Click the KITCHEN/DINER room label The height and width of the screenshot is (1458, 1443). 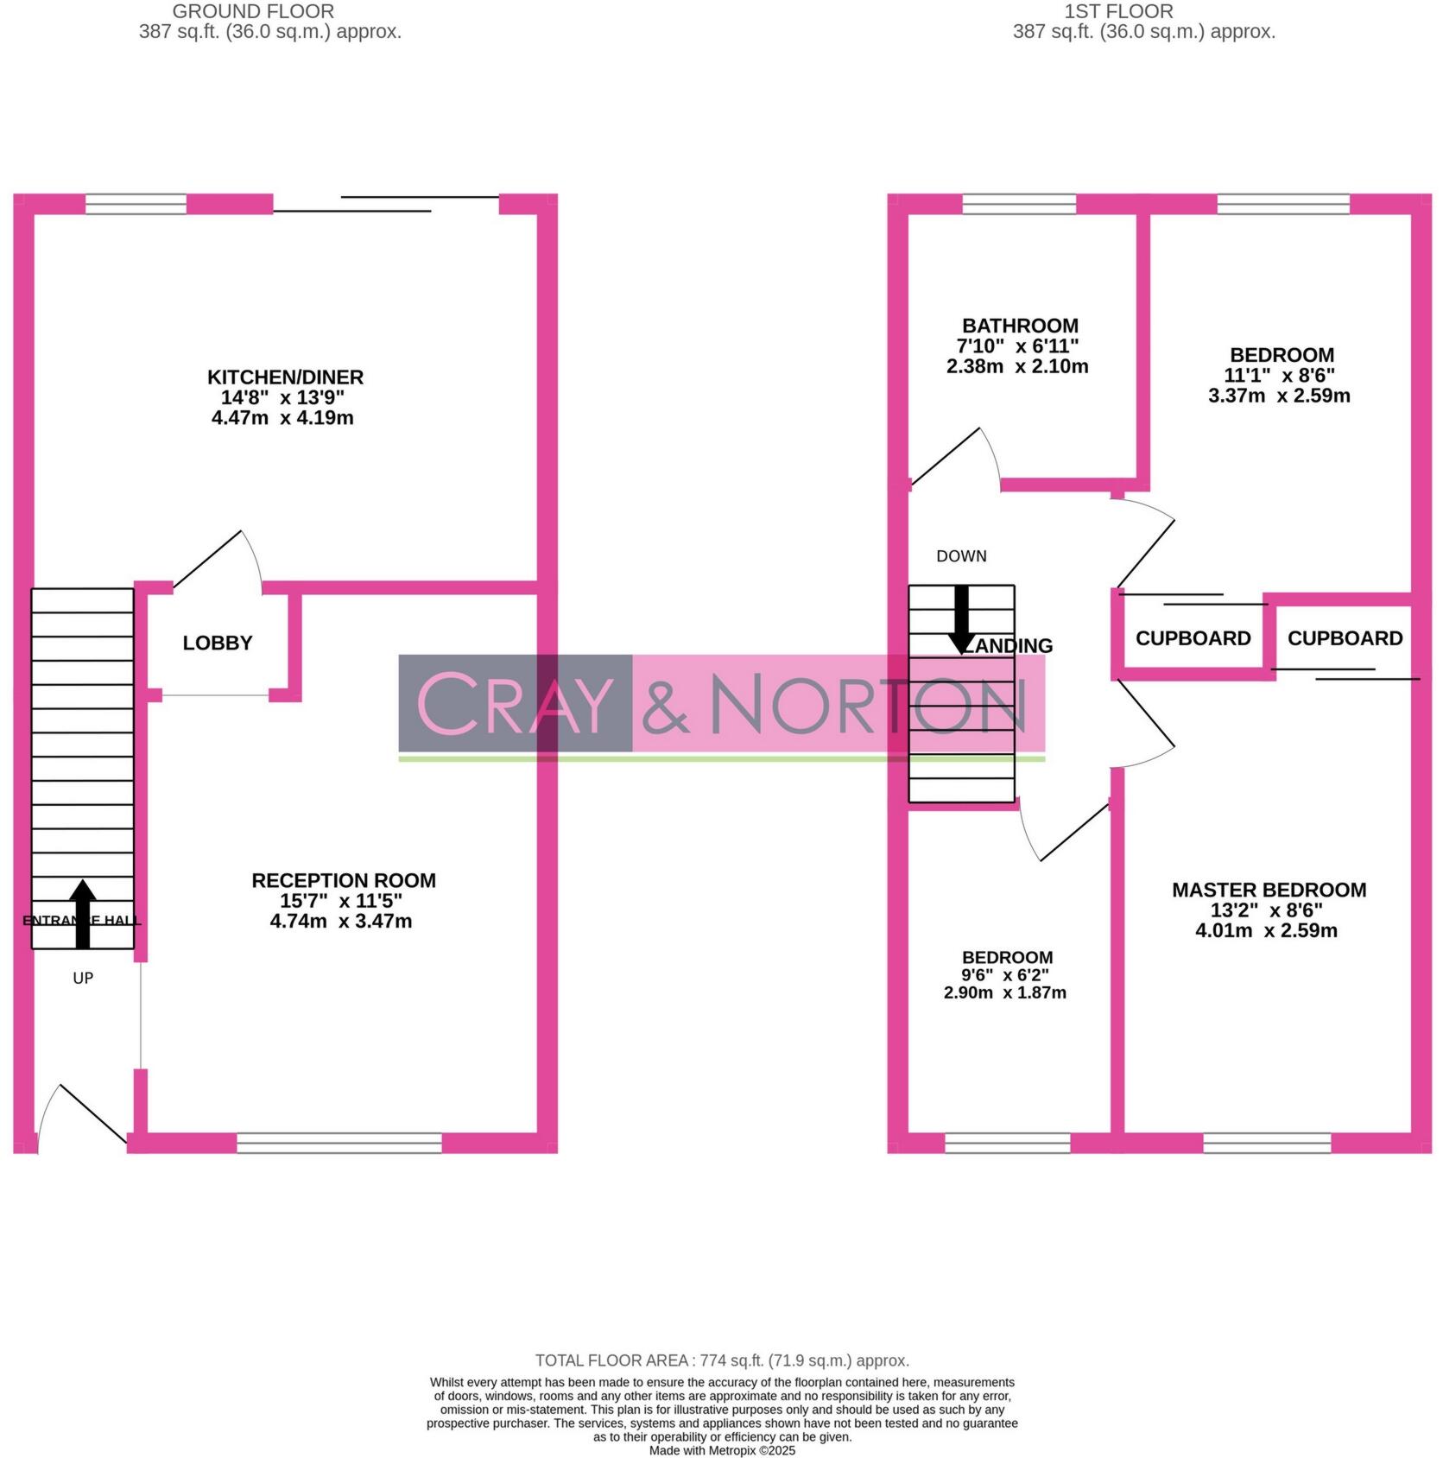coord(285,377)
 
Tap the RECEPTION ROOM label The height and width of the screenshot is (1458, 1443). coord(343,880)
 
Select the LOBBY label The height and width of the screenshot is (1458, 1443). coord(218,643)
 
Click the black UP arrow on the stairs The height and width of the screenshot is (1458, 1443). coord(83,914)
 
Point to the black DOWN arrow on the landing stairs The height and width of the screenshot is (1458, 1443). coord(961,619)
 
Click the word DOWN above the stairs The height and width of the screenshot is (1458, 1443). coord(961,556)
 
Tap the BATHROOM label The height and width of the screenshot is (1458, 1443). coord(1020,326)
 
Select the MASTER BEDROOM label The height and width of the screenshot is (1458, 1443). coord(1269,890)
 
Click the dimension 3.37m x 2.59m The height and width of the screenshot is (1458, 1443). coord(1279,396)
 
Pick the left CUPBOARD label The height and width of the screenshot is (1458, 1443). coord(1193,638)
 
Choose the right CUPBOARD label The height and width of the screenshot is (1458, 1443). coord(1345,638)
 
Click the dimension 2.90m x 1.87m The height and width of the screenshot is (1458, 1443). coord(1004,992)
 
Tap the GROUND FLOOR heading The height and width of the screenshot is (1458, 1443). coord(253,11)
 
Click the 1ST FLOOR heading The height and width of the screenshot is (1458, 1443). coord(1118,11)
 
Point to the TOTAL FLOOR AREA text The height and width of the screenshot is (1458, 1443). coord(722,1360)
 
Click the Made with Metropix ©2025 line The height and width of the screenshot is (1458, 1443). coord(722,1450)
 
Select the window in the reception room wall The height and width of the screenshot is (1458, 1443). coord(339,1144)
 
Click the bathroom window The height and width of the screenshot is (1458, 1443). coord(1019,204)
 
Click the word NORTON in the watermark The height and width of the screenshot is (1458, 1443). coord(868,704)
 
